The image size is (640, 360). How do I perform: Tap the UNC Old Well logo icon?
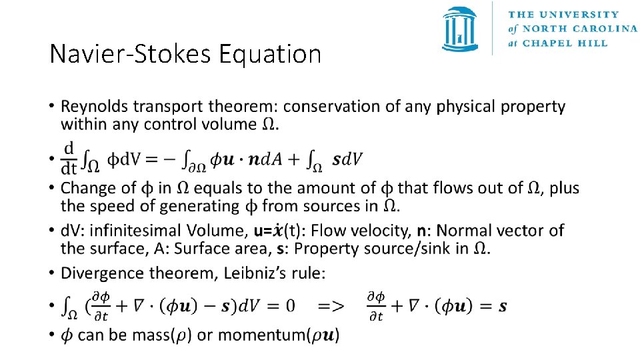(459, 29)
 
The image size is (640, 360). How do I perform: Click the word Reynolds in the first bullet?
(90, 107)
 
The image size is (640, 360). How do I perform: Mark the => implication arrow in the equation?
(331, 306)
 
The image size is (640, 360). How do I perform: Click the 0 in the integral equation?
(289, 306)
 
